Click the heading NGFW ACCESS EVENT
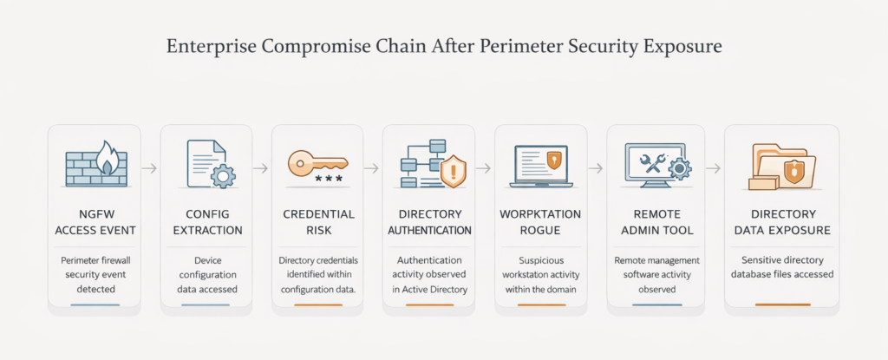pos(95,221)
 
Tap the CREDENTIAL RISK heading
pos(317,221)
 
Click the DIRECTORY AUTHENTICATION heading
pos(428,221)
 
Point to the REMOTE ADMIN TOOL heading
pos(651,221)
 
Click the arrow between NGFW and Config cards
pos(150,167)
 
